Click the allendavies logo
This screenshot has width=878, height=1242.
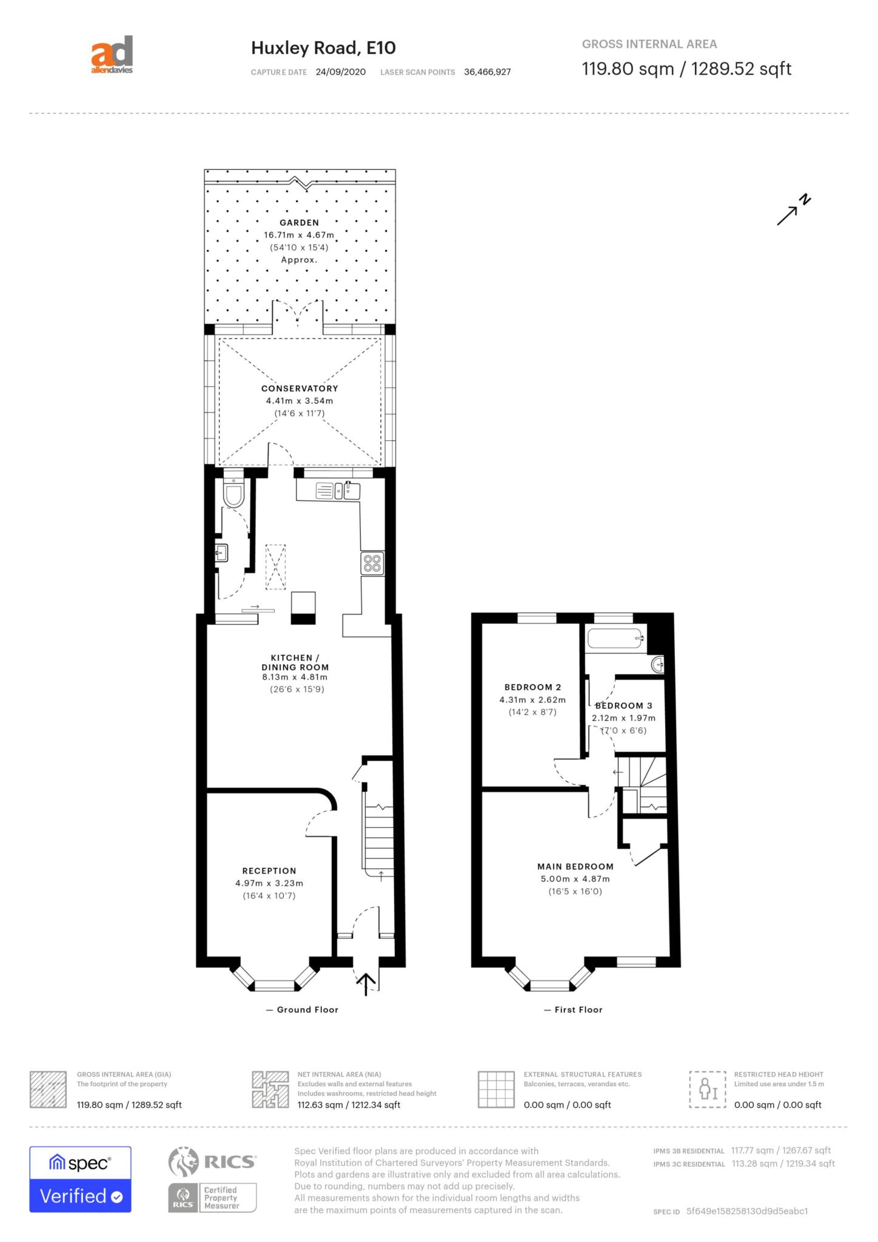tap(112, 55)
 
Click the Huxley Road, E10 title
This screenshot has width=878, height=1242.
tap(323, 48)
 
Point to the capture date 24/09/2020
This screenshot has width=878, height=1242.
tap(341, 72)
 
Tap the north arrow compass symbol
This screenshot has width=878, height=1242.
tap(794, 210)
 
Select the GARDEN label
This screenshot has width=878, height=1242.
tap(299, 223)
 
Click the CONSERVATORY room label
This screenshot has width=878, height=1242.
tap(300, 388)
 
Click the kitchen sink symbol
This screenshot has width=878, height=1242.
tap(338, 490)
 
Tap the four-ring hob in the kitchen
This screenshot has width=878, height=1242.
tap(372, 564)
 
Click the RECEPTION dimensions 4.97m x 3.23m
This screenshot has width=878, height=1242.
tap(269, 884)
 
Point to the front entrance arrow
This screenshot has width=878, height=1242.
tap(366, 984)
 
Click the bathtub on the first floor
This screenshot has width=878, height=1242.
tap(615, 639)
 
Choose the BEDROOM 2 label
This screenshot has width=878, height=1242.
tap(532, 687)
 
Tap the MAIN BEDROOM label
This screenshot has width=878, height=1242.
tap(575, 867)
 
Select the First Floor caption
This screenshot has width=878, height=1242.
tap(574, 1010)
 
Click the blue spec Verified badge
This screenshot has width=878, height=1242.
tap(80, 1180)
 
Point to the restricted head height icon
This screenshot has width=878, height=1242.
tap(707, 1090)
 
